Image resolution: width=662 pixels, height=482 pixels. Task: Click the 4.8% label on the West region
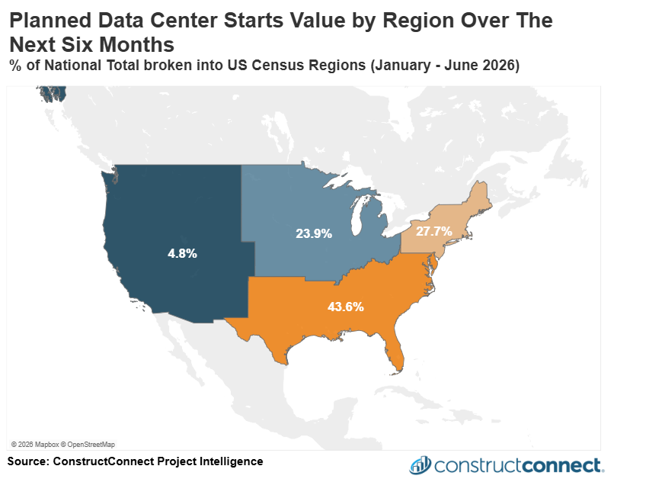[182, 253]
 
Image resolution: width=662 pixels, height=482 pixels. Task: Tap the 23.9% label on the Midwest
[314, 234]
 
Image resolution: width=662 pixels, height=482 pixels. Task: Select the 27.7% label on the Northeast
[434, 230]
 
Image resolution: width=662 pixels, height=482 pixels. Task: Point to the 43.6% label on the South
[345, 307]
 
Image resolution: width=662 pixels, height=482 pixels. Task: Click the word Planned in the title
[48, 21]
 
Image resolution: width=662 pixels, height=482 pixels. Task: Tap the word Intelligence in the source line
[232, 461]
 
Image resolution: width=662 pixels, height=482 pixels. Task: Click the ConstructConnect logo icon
[421, 464]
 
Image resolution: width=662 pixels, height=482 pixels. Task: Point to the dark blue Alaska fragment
[54, 94]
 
